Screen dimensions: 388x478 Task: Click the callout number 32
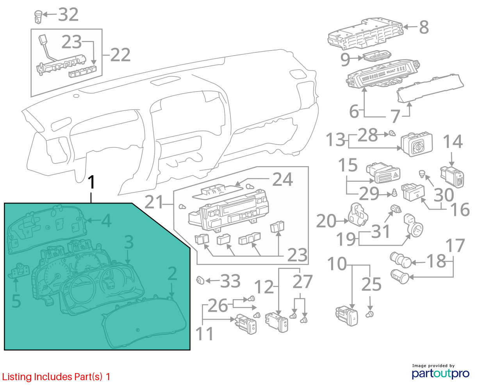point(68,15)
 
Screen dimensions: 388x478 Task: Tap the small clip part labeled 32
point(37,16)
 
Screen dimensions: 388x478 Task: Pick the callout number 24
point(282,179)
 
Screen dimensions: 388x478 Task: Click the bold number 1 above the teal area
point(91,183)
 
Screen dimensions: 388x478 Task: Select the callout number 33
point(230,281)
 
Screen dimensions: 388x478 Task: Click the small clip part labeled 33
point(200,280)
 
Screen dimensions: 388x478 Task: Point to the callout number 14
point(452,142)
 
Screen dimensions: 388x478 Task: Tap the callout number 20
point(326,221)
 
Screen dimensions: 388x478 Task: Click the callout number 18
point(435,261)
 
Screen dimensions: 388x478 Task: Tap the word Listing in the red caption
point(17,377)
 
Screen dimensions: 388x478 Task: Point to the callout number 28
point(367,135)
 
